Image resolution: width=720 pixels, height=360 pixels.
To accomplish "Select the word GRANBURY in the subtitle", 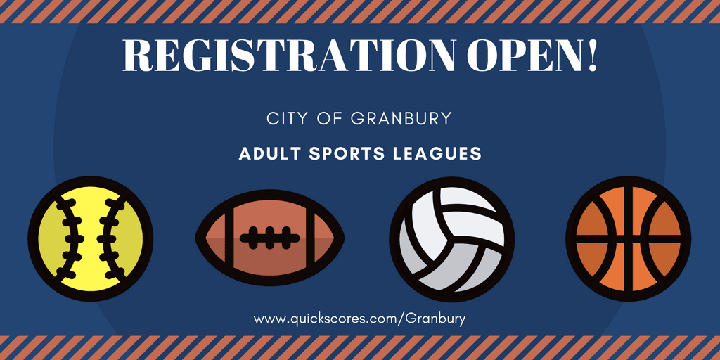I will click(x=401, y=118).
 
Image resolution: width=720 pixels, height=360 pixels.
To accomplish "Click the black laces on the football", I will click(x=270, y=238).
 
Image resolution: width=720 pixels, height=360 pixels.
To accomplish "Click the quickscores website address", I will click(x=359, y=319).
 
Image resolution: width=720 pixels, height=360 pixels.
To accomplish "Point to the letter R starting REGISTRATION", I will click(x=137, y=55).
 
